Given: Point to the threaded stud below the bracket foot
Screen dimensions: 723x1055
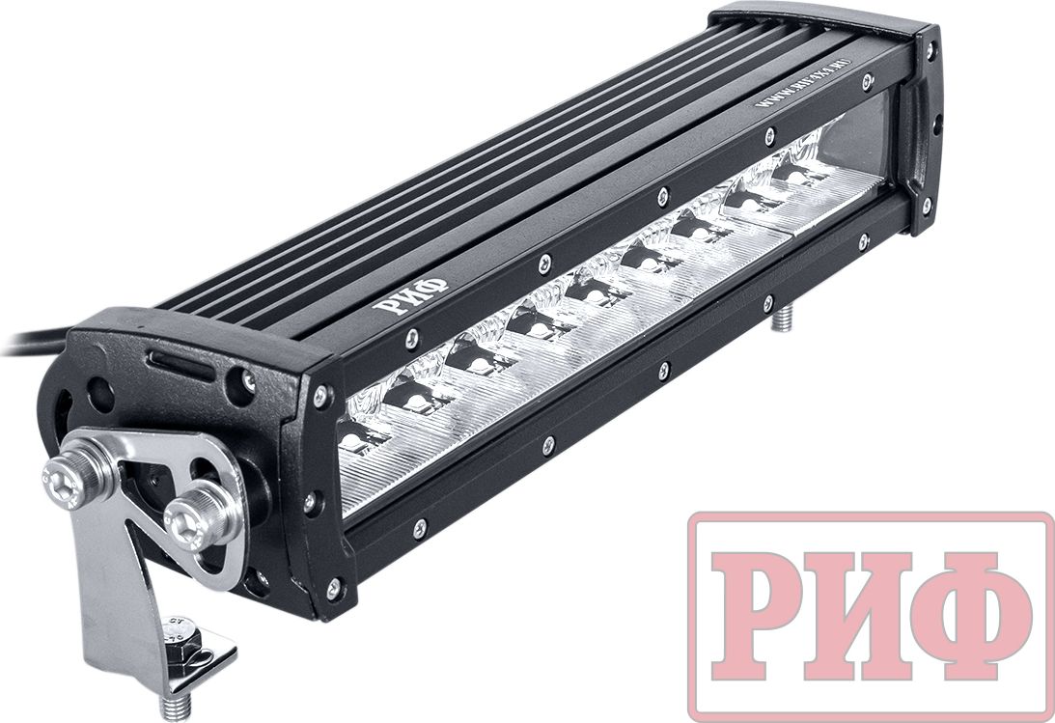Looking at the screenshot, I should click(174, 706).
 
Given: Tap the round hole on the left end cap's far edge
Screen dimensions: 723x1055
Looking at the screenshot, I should click(100, 393).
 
